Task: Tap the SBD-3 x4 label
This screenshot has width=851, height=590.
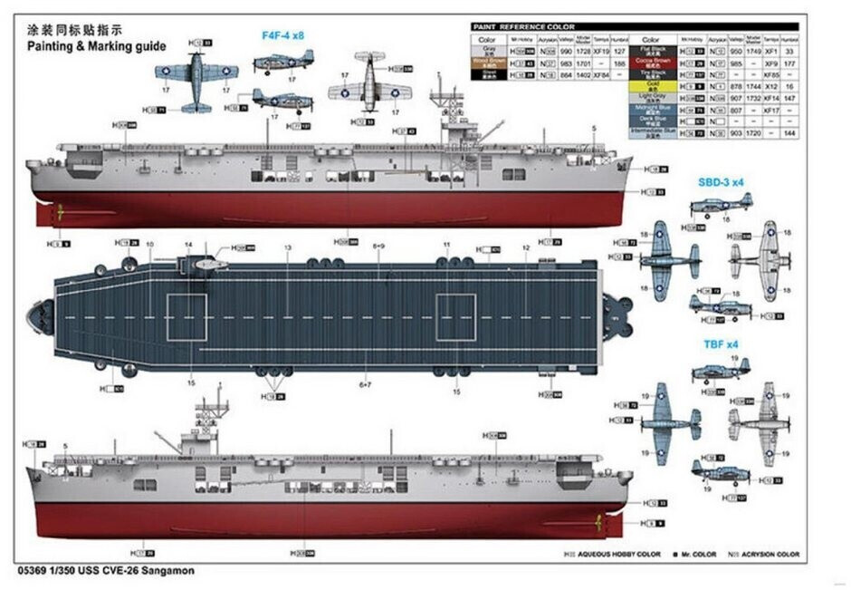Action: pos(721,181)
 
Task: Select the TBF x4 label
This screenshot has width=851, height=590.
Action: pos(722,345)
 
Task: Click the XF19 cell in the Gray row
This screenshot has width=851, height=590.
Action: pos(598,54)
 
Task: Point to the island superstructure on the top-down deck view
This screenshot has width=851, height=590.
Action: pos(204,265)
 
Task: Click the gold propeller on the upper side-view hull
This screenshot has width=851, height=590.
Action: pos(60,214)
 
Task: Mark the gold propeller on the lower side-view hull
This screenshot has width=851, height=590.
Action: pos(598,521)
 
